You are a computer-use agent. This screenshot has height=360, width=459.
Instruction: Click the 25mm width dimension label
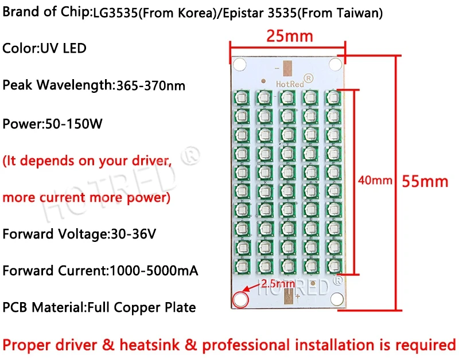pos(289,36)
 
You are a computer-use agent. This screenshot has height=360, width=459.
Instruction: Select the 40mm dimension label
pos(375,181)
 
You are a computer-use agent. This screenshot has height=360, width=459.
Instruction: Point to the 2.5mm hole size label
pos(278,283)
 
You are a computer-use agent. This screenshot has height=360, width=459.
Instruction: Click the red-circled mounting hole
pos(240,299)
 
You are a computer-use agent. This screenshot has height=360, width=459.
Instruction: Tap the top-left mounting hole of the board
pos(239,62)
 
